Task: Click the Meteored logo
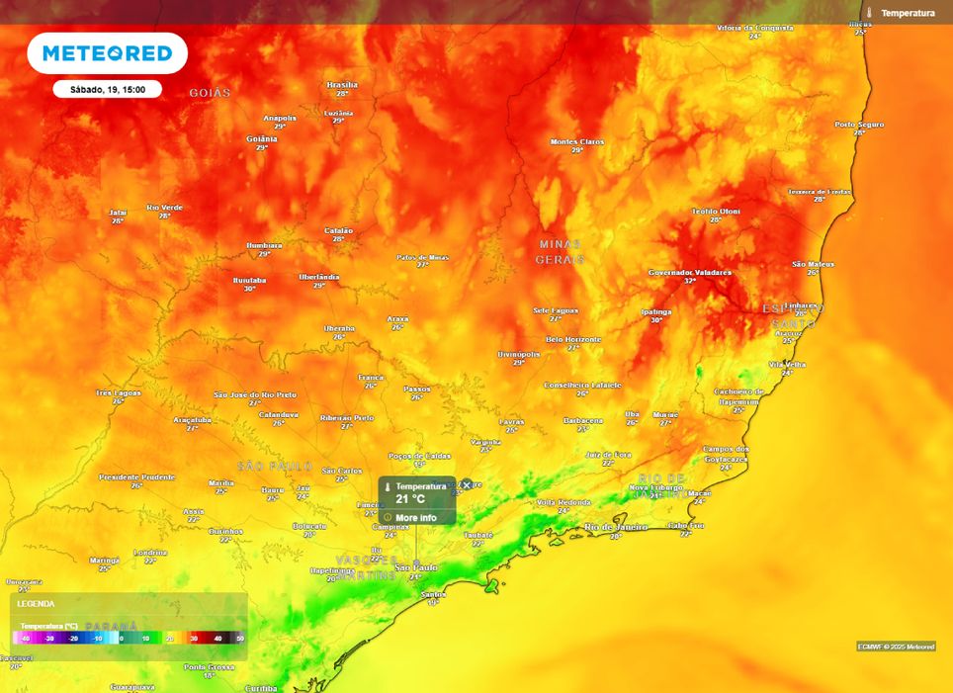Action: [x=107, y=53]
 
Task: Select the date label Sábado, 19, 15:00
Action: [x=108, y=90]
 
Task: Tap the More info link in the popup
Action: [x=415, y=517]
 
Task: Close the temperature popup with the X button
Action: [x=467, y=485]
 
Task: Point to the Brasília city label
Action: [x=342, y=85]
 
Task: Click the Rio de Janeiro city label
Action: [x=616, y=527]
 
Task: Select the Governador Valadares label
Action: [x=690, y=272]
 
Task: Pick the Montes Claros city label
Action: [x=577, y=141]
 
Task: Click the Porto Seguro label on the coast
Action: [x=859, y=125]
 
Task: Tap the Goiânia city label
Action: [x=262, y=139]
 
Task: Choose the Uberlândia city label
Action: [x=319, y=277]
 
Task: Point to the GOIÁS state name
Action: [x=210, y=93]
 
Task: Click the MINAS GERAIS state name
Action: [x=560, y=251]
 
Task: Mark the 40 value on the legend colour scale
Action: [x=217, y=639]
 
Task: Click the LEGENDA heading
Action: [x=37, y=603]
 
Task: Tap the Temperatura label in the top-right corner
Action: [x=907, y=13]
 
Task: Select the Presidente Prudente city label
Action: [x=136, y=476]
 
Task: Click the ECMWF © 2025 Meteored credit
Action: [x=896, y=647]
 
